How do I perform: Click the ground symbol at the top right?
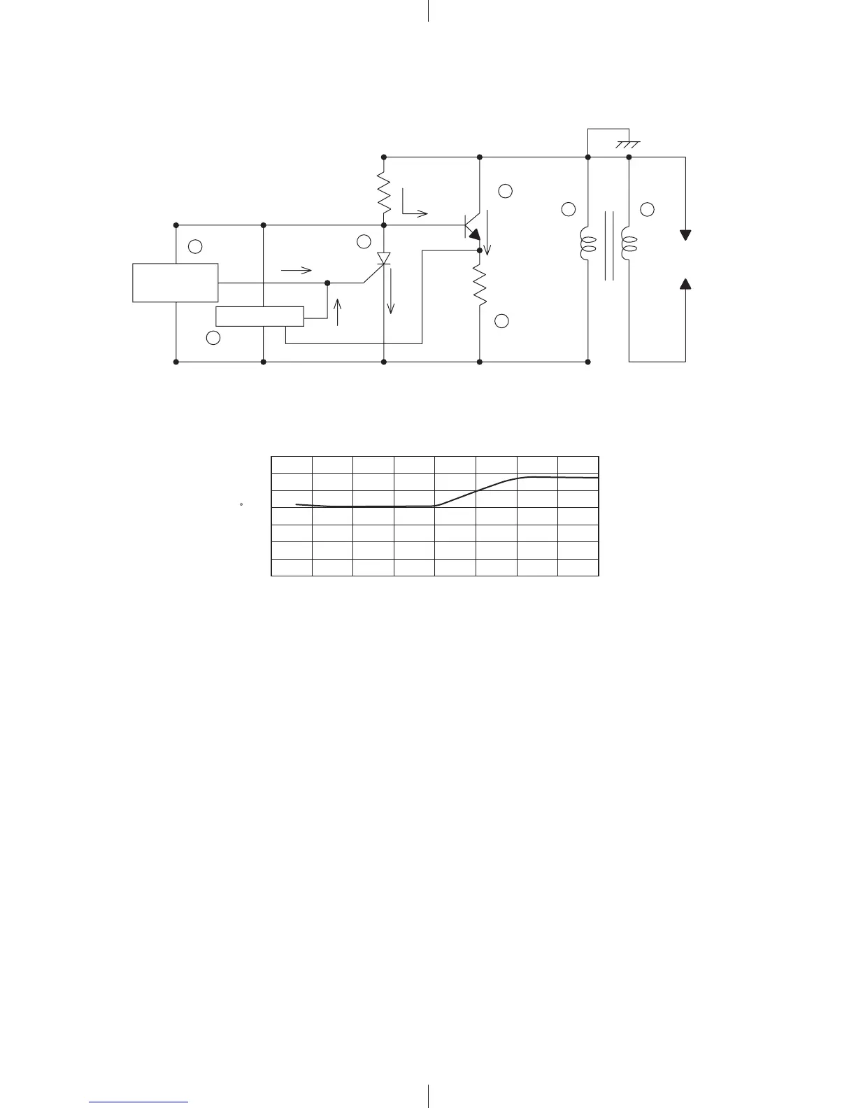(x=627, y=144)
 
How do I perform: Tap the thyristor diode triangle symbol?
(x=383, y=259)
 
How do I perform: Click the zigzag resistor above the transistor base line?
(x=383, y=192)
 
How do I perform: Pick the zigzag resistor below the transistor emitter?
(x=480, y=285)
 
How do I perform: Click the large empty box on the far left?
(x=176, y=283)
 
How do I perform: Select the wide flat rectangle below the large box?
(x=259, y=316)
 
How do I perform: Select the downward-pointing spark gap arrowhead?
(x=685, y=235)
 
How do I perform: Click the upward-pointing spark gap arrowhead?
(x=685, y=283)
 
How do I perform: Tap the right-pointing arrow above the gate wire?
(x=295, y=270)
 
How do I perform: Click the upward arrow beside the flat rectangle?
(x=338, y=312)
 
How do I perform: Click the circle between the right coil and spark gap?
(x=648, y=208)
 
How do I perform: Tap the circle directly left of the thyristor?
(x=363, y=242)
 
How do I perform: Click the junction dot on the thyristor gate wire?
(x=327, y=283)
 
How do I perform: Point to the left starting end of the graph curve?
(x=297, y=504)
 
